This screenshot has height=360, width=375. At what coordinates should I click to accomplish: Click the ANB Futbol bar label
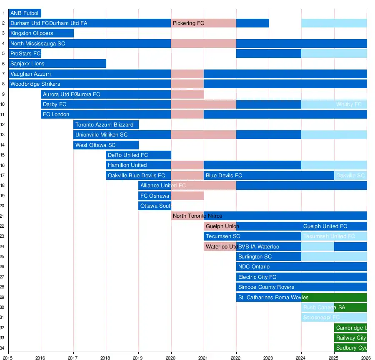[x=24, y=13]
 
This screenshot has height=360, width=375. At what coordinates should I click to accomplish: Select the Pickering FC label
[x=188, y=23]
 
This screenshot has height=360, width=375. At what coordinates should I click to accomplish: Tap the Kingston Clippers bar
[x=41, y=33]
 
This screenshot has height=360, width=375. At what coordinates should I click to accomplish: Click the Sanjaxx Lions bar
[x=57, y=64]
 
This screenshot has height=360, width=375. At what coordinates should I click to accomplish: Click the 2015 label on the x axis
[x=8, y=357]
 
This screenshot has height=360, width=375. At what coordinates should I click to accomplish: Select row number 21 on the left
[x=3, y=216]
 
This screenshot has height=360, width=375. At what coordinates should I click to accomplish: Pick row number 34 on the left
[x=3, y=348]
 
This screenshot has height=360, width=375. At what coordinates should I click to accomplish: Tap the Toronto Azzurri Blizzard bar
[x=106, y=125]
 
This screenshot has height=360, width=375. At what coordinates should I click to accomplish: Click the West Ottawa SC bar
[x=106, y=145]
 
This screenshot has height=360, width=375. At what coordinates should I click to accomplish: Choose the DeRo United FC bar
[x=138, y=155]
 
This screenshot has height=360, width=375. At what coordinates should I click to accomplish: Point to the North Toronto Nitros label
[x=197, y=216]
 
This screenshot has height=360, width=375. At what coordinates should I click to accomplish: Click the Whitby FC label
[x=349, y=104]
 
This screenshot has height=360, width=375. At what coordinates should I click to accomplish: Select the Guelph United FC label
[x=325, y=226]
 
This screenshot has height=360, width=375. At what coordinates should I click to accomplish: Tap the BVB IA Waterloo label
[x=259, y=247]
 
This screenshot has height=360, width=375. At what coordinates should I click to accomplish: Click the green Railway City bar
[x=350, y=338]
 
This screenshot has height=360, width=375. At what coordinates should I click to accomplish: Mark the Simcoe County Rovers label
[x=266, y=287]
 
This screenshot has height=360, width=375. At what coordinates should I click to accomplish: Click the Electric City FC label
[x=257, y=277]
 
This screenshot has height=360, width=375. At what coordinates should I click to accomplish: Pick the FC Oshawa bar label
[x=155, y=196]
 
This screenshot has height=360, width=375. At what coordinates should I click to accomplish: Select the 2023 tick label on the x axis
[x=268, y=357]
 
